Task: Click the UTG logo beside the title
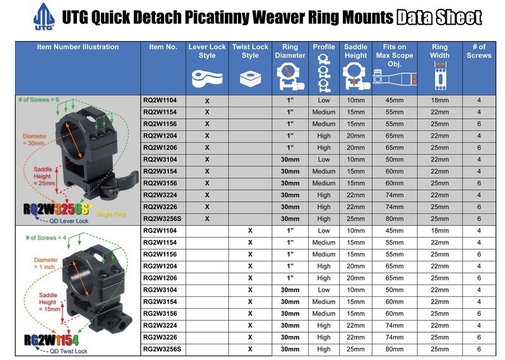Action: [x=44, y=17]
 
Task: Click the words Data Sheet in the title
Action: [x=439, y=18]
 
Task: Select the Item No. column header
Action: [x=163, y=47]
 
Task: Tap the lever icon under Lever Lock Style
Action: [x=207, y=79]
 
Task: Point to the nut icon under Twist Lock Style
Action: [x=250, y=79]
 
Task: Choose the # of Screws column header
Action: [x=479, y=51]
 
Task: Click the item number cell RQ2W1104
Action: [x=160, y=100]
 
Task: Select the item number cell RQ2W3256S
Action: [x=162, y=219]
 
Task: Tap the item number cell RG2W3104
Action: [x=160, y=290]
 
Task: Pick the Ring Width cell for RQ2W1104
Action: [x=439, y=100]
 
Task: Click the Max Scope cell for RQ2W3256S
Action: [x=395, y=219]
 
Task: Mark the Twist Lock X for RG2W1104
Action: [x=250, y=231]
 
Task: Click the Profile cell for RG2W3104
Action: [x=324, y=290]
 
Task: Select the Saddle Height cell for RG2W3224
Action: [x=355, y=325]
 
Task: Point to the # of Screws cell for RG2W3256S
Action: [x=479, y=349]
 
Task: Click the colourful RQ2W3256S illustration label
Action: [x=56, y=209]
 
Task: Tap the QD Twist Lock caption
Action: [x=68, y=351]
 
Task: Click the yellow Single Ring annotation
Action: [x=110, y=213]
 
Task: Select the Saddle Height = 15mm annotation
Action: [x=50, y=302]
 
